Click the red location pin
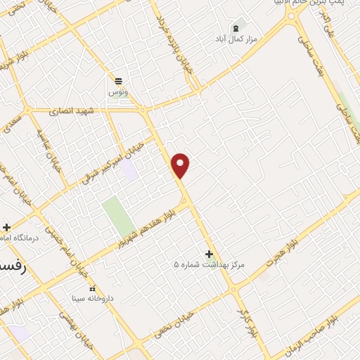click(x=181, y=165)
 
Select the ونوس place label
click(x=117, y=92)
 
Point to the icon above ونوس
click(x=118, y=81)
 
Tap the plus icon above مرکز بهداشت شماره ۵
click(x=209, y=254)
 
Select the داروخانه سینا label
click(x=91, y=298)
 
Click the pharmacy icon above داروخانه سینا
click(x=91, y=288)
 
